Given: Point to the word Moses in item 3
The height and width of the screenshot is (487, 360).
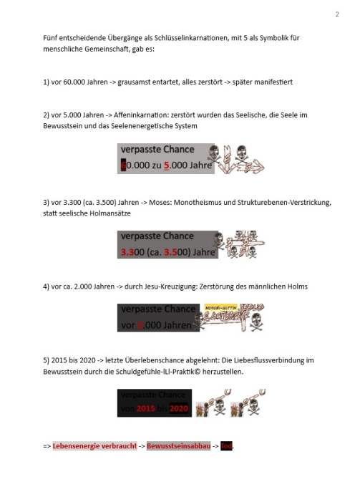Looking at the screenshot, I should pyautogui.click(x=156, y=203).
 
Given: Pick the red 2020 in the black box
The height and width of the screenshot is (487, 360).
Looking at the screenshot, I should pyautogui.click(x=179, y=408).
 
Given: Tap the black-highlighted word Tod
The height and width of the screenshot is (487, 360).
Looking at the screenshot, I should pyautogui.click(x=227, y=446).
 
